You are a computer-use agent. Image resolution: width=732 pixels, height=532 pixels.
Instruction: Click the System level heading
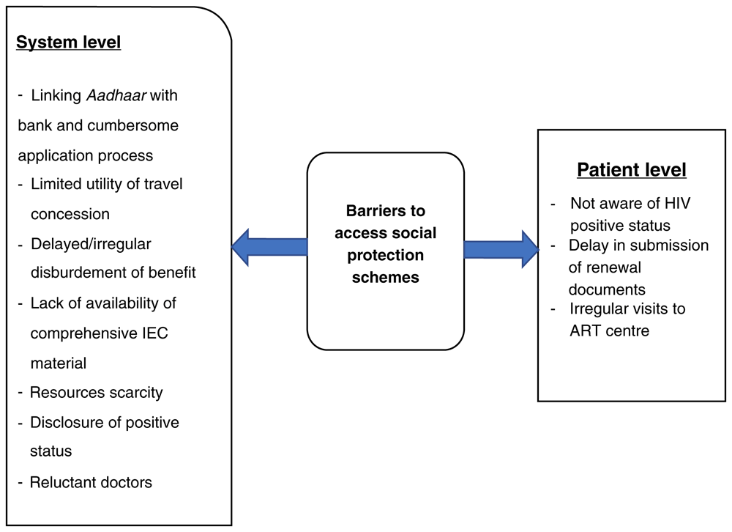(69, 42)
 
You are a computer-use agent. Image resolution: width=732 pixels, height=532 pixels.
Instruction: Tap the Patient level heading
(631, 170)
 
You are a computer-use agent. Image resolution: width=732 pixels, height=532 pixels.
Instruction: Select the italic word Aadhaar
(116, 95)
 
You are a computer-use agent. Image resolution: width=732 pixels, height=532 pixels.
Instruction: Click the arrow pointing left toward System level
(269, 247)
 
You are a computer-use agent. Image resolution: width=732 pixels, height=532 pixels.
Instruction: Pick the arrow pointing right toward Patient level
(501, 248)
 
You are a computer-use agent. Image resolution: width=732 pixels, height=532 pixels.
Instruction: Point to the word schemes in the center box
(386, 277)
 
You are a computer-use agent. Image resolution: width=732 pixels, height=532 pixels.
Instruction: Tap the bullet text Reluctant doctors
(91, 482)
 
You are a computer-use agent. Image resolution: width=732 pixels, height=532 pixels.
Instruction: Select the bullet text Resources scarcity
(96, 393)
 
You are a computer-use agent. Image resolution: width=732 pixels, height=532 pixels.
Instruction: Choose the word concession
(70, 214)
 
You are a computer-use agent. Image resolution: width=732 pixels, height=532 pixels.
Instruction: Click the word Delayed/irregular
(91, 244)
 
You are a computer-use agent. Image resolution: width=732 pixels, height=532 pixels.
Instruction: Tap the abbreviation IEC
(155, 333)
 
